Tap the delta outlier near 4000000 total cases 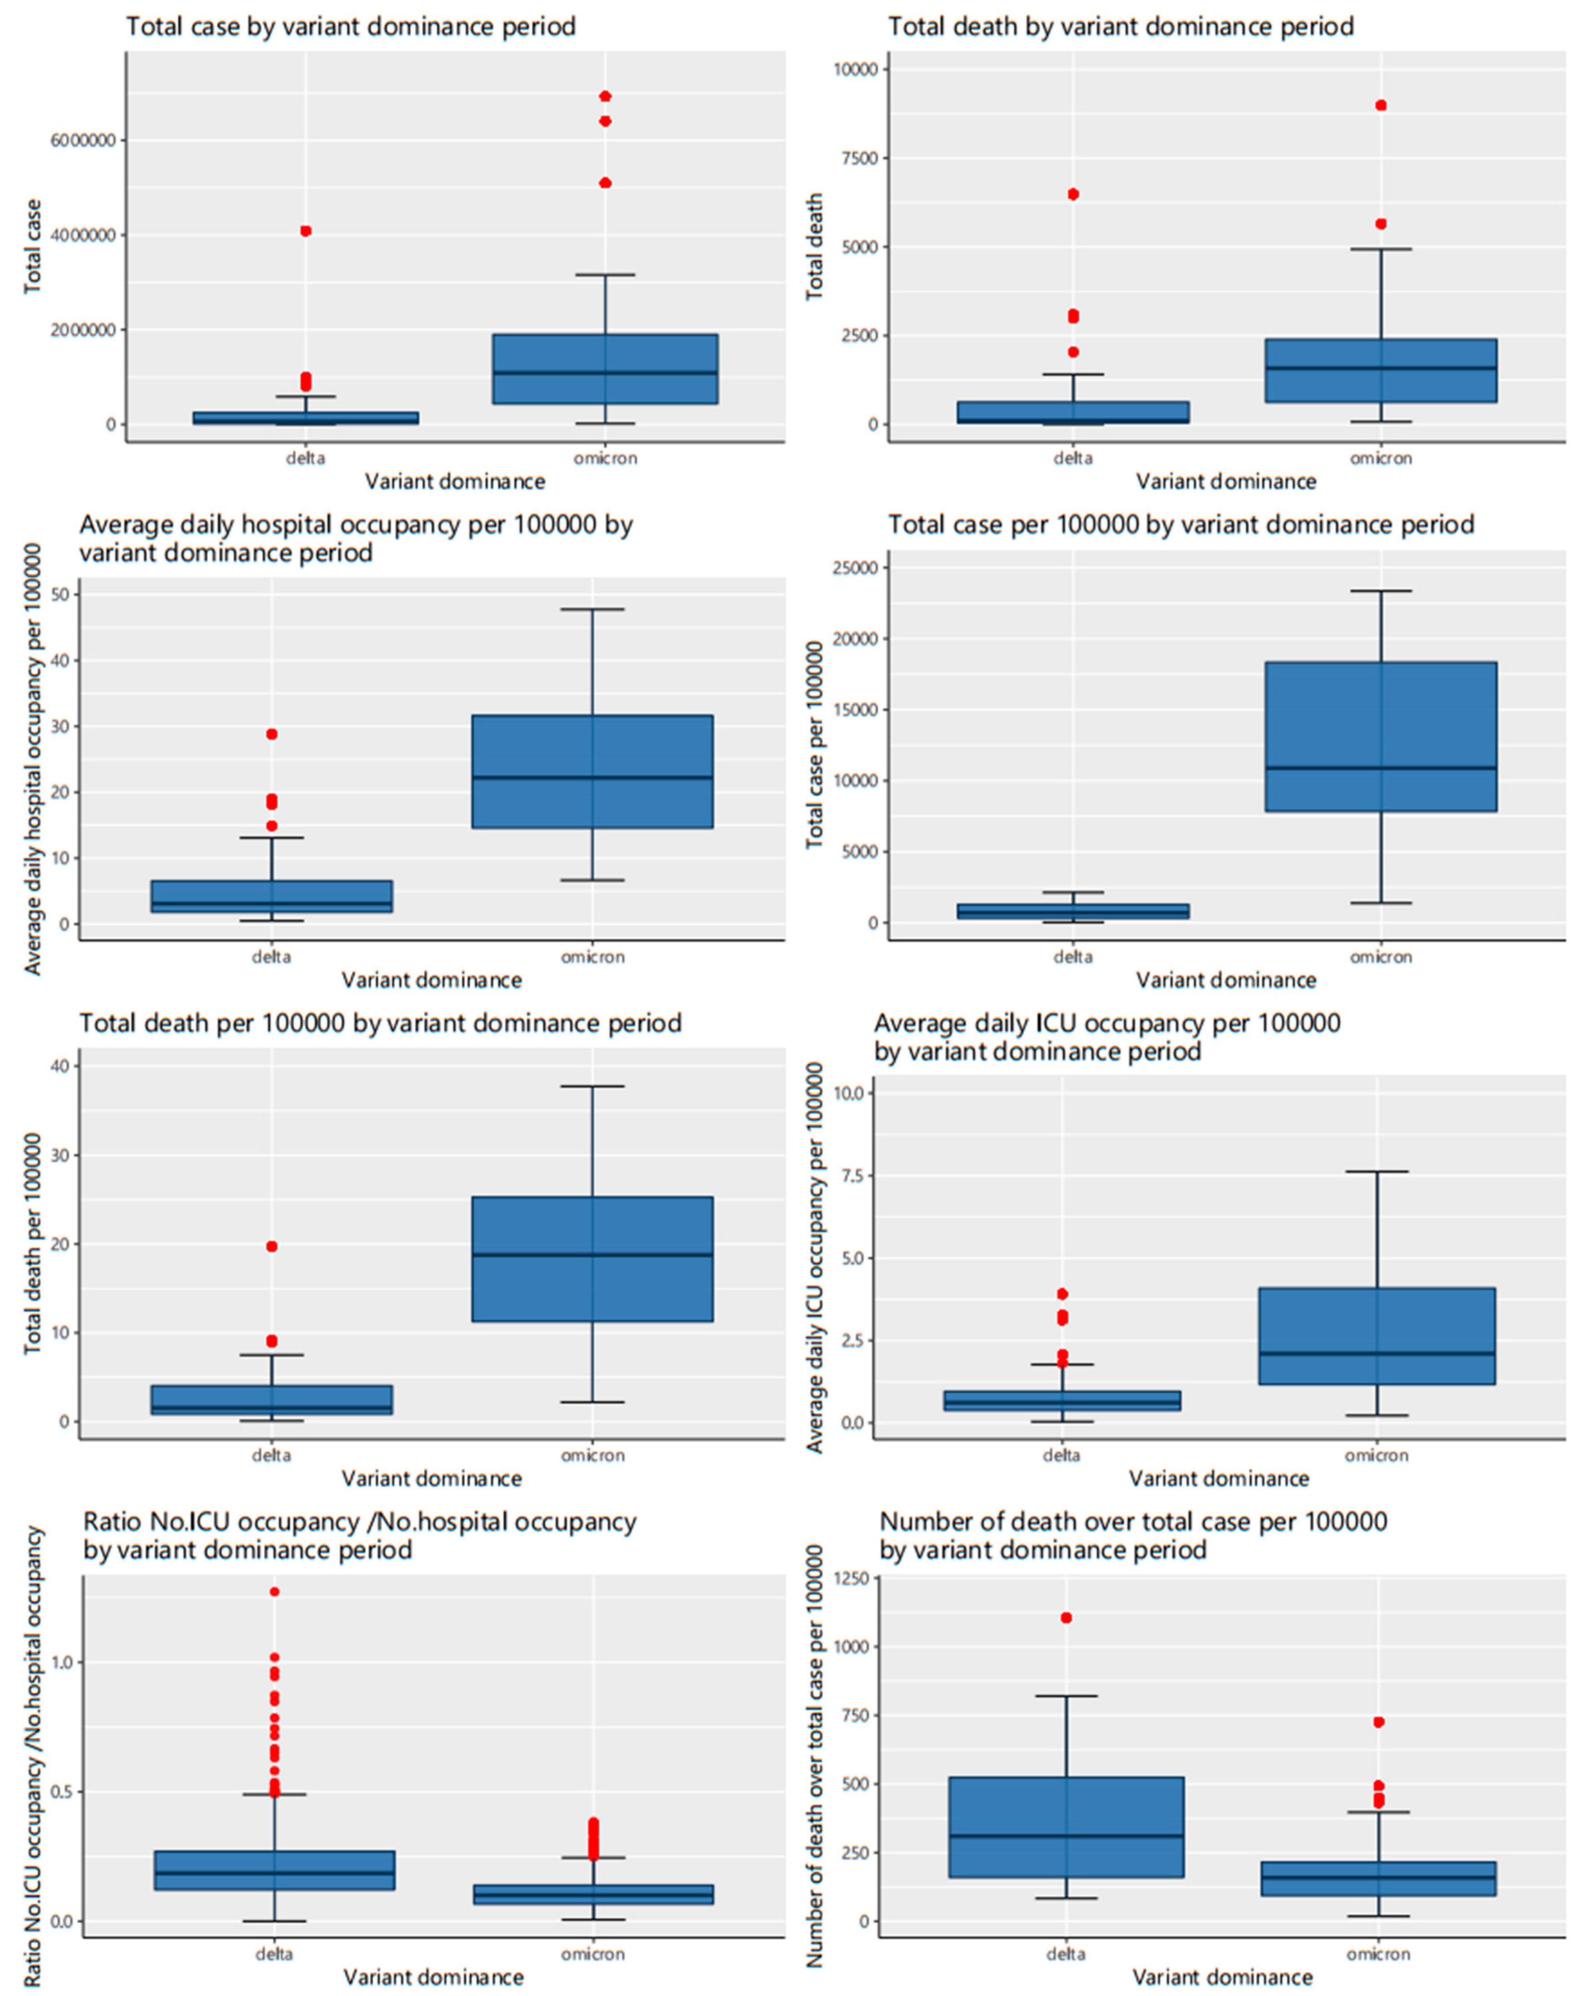click(306, 231)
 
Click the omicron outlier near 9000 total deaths click(1380, 105)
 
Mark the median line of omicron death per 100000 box click(592, 1254)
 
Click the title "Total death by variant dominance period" click(1120, 26)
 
